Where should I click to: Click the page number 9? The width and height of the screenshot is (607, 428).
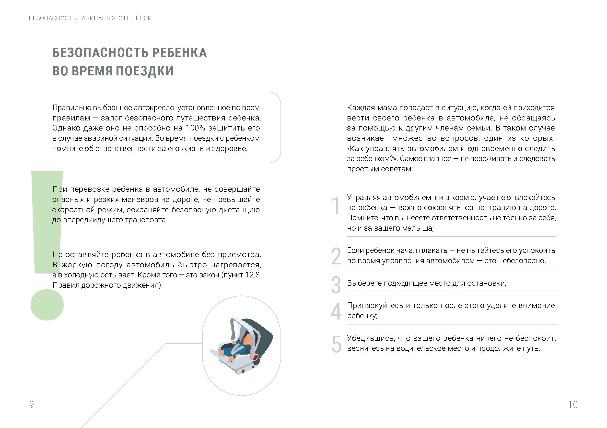(32, 404)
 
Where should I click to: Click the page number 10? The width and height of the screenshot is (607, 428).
(573, 404)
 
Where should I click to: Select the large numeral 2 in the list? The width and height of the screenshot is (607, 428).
(336, 256)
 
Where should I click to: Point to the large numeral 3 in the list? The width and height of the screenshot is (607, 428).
(336, 285)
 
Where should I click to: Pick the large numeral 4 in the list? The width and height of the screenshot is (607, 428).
(336, 311)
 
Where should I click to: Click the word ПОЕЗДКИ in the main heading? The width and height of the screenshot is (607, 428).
(145, 71)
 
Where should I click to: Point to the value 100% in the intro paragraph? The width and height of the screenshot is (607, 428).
(195, 128)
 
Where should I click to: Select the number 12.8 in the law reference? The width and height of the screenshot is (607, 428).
(253, 275)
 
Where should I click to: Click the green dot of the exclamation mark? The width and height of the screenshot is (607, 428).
(47, 305)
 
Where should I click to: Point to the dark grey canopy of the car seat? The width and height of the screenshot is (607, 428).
(262, 333)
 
